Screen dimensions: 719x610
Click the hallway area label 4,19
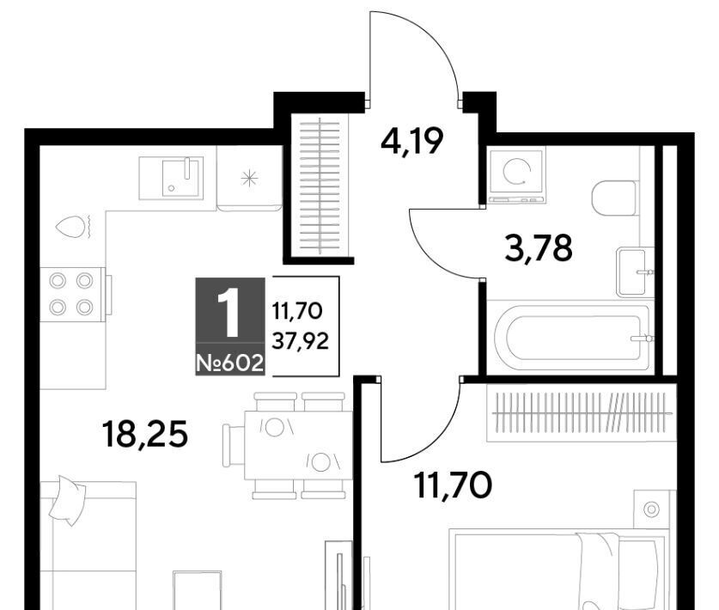411,141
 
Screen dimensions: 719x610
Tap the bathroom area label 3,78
539,247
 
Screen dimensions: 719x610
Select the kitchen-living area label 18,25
145,435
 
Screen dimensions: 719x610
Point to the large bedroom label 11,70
453,485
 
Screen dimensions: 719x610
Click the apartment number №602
229,363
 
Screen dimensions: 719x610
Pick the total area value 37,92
301,341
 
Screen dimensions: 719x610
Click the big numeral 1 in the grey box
229,313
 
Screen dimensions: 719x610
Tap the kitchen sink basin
182,178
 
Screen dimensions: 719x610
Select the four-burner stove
71,294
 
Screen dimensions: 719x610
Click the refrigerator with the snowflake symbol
249,179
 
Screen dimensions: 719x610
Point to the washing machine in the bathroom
516,174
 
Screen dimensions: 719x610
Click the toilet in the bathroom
614,198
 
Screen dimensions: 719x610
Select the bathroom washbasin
634,271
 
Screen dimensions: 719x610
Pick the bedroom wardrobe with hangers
582,412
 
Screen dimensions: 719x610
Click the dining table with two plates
299,445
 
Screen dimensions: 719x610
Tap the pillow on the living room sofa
67,500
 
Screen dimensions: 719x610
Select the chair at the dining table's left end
234,445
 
